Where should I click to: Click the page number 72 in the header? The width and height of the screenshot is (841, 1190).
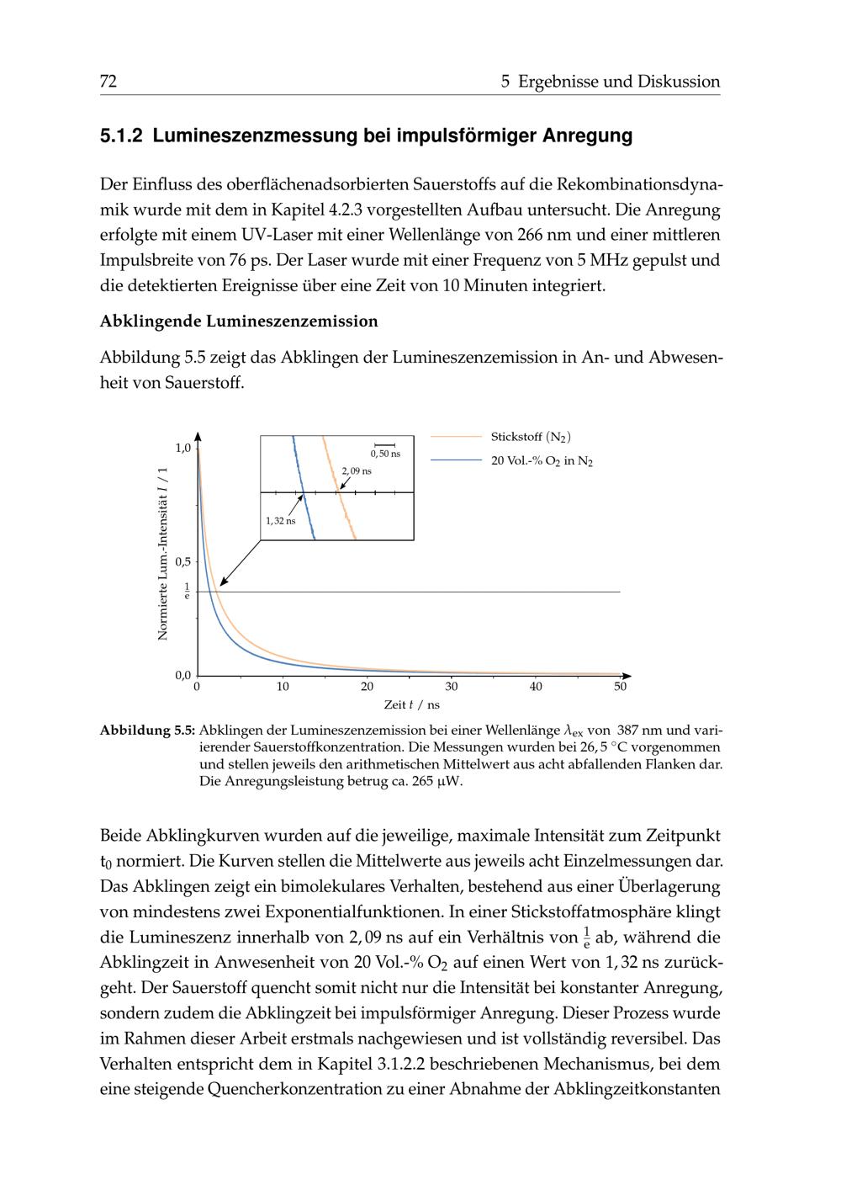coord(108,82)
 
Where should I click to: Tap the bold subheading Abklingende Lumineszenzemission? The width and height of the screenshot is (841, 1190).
coord(239,321)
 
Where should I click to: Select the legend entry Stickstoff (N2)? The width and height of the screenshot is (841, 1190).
coord(531,437)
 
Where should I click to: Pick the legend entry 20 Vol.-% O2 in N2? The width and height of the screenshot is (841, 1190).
coord(542,461)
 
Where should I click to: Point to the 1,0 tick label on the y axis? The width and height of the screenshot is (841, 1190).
coord(182,447)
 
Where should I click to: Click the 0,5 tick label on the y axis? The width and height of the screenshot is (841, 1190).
coord(182,561)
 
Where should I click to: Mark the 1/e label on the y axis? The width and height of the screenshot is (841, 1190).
coord(187,591)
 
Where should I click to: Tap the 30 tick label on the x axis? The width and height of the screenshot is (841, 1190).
coord(452,687)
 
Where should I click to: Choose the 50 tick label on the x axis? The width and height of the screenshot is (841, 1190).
coord(620,687)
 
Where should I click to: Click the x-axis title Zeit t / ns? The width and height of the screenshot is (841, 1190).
coord(411,705)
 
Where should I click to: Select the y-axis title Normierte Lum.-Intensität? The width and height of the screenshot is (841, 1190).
coord(163,553)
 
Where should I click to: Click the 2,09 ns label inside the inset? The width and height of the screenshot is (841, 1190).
coord(357,470)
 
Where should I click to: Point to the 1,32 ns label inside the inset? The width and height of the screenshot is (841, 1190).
coord(280,521)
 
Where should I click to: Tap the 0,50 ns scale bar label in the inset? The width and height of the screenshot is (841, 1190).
coord(385,454)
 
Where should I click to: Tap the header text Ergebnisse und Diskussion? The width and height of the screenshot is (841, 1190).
coord(619,82)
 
